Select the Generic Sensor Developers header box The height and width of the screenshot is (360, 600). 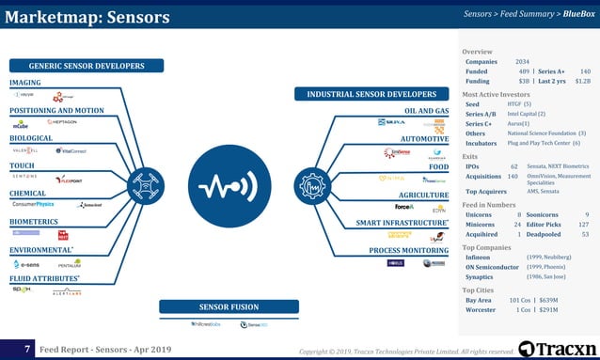(86, 66)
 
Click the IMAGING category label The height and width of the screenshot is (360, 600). (25, 83)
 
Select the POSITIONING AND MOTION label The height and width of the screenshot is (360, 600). (56, 110)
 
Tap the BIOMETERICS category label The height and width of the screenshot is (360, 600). (33, 222)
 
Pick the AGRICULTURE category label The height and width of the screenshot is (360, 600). (423, 195)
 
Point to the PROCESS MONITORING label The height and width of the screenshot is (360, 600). (408, 251)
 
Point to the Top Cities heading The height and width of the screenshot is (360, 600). (484, 290)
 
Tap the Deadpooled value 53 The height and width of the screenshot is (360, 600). (585, 234)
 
